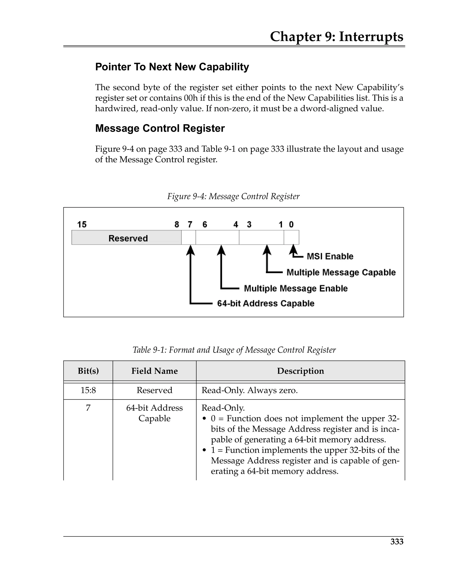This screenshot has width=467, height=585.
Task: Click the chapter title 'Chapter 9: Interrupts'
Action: click(x=336, y=37)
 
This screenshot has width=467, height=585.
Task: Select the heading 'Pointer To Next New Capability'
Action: click(x=172, y=67)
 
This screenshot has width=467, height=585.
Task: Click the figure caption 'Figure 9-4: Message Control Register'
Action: click(x=233, y=196)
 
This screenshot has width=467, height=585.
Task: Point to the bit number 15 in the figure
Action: click(x=82, y=225)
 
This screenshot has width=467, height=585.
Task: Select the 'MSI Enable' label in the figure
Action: click(x=330, y=256)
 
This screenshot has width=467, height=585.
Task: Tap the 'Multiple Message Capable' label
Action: click(x=341, y=272)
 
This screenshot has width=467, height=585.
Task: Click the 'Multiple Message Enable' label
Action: click(x=296, y=288)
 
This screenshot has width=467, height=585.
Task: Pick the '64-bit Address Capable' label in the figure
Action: click(x=265, y=303)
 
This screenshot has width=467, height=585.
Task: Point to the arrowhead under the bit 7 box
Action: click(x=191, y=249)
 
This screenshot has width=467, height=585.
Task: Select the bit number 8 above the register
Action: click(x=176, y=225)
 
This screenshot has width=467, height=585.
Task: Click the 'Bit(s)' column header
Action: click(x=88, y=371)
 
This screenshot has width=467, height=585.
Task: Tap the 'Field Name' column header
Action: click(x=154, y=371)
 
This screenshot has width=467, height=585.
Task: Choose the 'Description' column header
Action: click(x=300, y=371)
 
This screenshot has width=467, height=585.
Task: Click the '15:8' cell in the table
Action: click(x=88, y=390)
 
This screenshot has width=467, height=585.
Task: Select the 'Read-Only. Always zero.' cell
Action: click(x=249, y=390)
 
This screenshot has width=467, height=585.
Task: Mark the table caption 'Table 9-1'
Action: click(x=234, y=350)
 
